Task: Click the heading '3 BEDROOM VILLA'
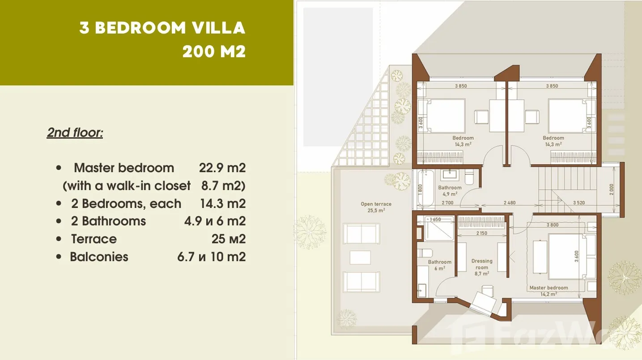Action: point(162,28)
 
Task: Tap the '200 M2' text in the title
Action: point(214,52)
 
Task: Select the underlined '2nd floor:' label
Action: point(75,132)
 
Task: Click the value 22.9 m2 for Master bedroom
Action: point(222,168)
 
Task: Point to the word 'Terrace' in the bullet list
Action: point(94,239)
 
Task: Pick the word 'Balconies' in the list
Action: point(99,257)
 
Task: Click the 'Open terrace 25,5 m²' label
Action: point(376,207)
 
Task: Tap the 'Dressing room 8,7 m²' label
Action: point(482,267)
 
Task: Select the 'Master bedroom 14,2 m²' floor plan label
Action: point(548,291)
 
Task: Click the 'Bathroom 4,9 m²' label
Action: point(450,191)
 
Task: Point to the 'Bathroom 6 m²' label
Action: point(440,265)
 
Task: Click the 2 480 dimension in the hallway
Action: point(510,203)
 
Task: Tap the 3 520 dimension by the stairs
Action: point(579,203)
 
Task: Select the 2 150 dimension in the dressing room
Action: point(482,233)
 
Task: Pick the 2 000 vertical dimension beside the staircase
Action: point(611,189)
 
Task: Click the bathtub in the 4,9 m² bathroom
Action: point(425,188)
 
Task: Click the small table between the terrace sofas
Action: point(360,257)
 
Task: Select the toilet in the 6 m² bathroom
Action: point(425,253)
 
